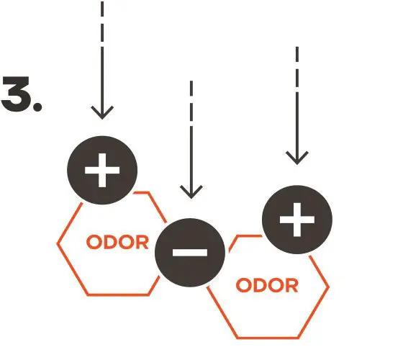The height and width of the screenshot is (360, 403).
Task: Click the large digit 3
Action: [x=16, y=94]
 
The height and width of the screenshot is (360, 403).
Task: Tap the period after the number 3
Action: [x=37, y=107]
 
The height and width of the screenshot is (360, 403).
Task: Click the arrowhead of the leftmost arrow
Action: [x=102, y=112]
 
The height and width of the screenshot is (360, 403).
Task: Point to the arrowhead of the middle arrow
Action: [x=191, y=192]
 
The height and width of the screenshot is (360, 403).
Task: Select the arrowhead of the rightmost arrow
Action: [x=297, y=158]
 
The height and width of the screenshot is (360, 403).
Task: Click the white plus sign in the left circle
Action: [x=102, y=170]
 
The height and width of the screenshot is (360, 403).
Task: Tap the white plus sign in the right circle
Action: [x=297, y=220]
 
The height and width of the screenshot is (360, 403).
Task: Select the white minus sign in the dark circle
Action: [x=190, y=253]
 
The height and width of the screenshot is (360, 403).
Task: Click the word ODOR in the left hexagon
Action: [x=118, y=242]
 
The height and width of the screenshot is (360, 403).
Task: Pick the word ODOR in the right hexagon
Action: [x=267, y=285]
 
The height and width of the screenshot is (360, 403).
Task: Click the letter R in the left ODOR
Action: [x=142, y=242]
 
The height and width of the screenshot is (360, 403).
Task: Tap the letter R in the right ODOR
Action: [x=291, y=285]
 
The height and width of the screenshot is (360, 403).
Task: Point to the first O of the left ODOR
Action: [x=94, y=242]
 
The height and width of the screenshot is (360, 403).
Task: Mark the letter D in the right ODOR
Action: [x=259, y=285]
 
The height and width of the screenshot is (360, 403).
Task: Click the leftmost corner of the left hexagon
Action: [x=58, y=243]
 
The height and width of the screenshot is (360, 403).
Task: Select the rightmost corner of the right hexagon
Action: [x=328, y=287]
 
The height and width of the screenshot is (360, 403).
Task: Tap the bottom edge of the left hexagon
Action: [x=118, y=294]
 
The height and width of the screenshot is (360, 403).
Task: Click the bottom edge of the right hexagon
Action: [x=268, y=338]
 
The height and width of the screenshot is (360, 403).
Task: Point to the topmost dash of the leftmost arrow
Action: [x=102, y=9]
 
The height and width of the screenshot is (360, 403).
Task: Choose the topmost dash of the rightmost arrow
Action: [x=297, y=54]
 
